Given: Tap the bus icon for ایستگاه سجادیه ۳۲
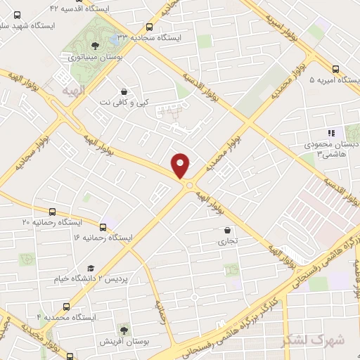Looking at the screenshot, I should (149, 27).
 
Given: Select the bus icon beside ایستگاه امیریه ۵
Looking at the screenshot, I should (335, 70).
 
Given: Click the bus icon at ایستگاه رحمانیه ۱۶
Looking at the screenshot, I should (103, 227).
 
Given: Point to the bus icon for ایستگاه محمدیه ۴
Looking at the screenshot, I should (67, 307).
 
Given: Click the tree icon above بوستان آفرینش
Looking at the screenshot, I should (124, 329).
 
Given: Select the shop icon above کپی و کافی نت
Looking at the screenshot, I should (124, 92).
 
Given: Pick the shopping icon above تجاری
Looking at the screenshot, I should (226, 230).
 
